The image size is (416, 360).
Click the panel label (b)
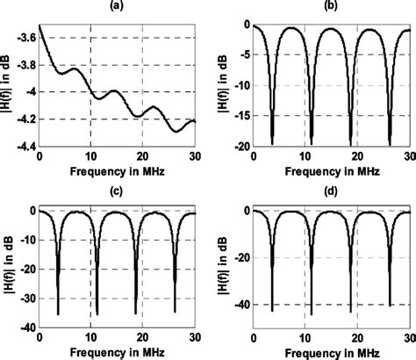click(332, 8)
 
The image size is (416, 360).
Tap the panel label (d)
click(332, 191)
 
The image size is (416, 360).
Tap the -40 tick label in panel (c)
click(27, 327)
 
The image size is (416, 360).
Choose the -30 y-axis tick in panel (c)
click(27, 298)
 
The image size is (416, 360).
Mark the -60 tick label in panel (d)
click(240, 327)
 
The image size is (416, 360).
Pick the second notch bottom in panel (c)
click(97, 313)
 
